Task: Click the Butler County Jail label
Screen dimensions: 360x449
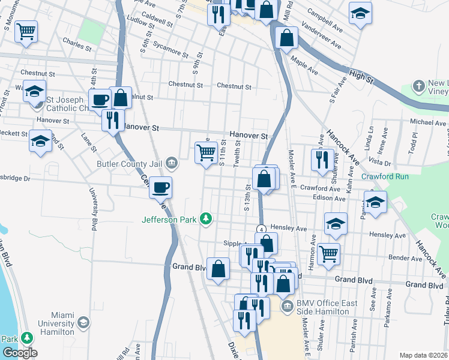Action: pyautogui.click(x=124, y=163)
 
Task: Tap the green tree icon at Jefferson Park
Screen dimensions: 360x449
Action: pyautogui.click(x=206, y=219)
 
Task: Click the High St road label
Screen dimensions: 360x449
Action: pyautogui.click(x=361, y=78)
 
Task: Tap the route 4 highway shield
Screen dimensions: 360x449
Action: pyautogui.click(x=262, y=229)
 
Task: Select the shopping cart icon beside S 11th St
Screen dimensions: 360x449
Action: pyautogui.click(x=206, y=153)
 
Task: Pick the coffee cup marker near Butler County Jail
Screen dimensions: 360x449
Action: pyautogui.click(x=160, y=187)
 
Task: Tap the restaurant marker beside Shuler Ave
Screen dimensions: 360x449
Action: pyautogui.click(x=322, y=159)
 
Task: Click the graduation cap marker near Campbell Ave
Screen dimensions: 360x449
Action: pyautogui.click(x=360, y=13)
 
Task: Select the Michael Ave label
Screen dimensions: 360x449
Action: pyautogui.click(x=428, y=122)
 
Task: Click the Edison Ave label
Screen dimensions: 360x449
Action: pyautogui.click(x=331, y=198)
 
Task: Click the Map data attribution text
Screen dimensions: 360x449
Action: pyautogui.click(x=423, y=355)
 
